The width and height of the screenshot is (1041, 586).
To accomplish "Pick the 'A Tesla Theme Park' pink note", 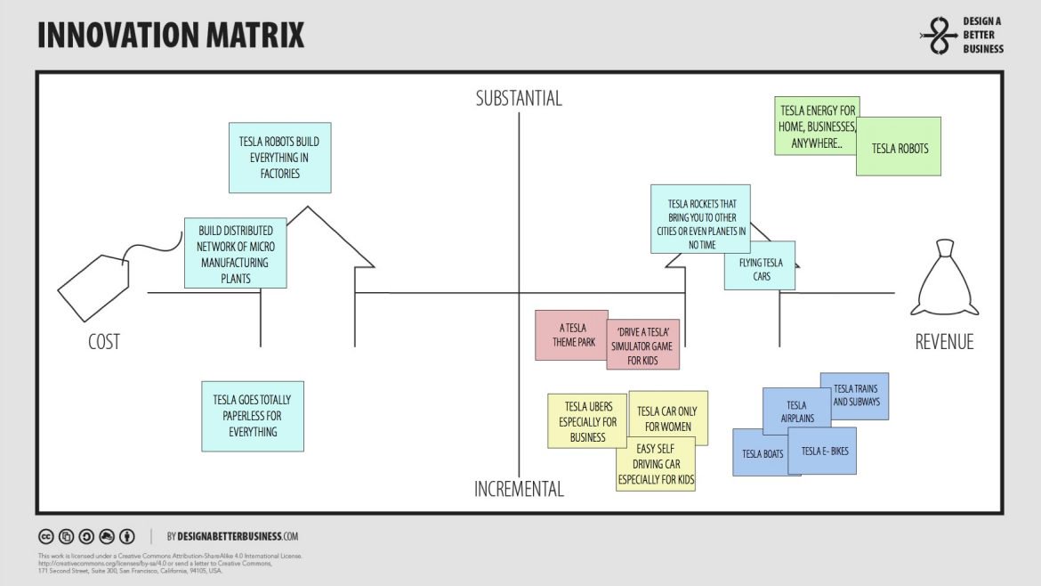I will coord(569,335).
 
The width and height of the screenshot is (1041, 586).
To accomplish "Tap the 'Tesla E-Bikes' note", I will coord(825,452).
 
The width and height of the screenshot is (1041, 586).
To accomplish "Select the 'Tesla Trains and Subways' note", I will coord(856,395).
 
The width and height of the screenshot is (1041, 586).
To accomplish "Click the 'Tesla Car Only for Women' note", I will coord(669,417).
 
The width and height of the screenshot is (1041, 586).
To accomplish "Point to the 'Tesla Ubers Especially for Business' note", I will coord(587,420).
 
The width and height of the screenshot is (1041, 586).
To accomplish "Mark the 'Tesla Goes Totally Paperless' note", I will coord(253,415).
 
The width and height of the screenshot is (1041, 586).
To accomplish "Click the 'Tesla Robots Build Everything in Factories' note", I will coord(279,158).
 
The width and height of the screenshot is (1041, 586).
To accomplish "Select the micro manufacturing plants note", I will coord(236,253).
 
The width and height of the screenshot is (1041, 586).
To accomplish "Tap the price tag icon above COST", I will coord(93,283).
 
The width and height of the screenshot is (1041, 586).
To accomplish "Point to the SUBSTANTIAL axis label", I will coord(519,99).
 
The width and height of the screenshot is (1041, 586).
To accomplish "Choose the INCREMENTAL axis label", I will coord(519,489).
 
